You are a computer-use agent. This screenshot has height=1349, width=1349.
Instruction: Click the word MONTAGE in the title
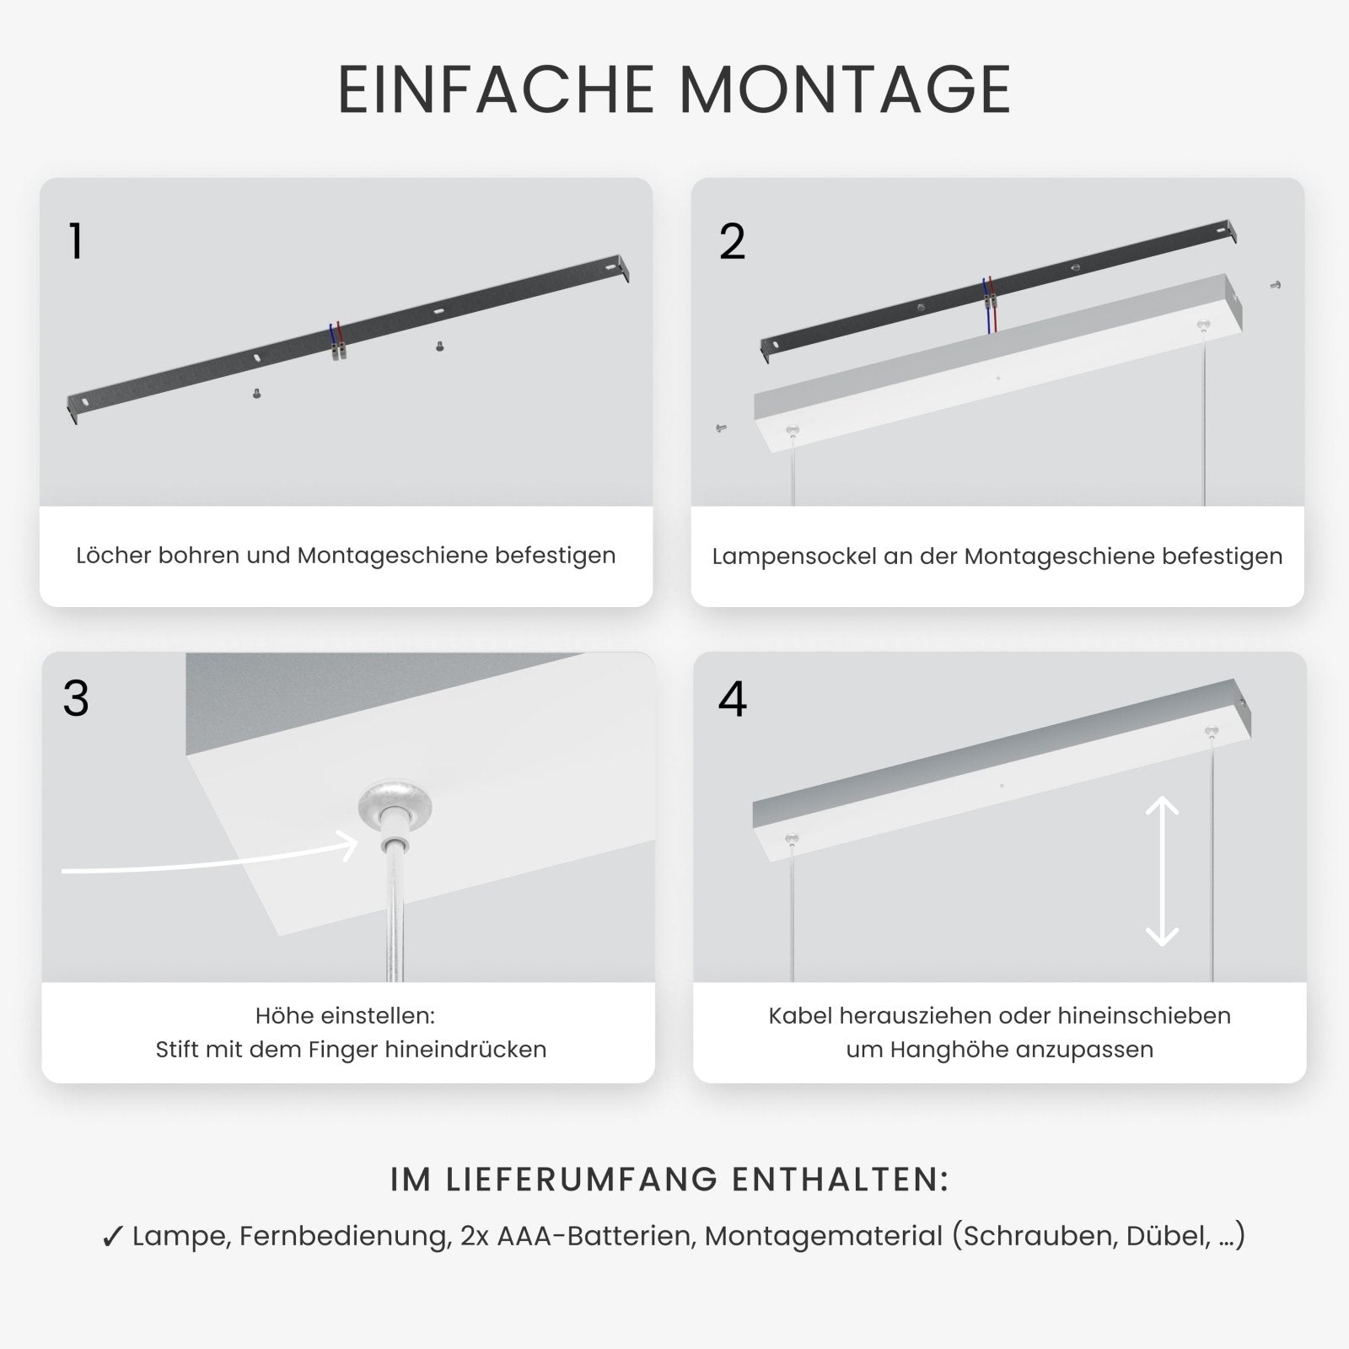845,89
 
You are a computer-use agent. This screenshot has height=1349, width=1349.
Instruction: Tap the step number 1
76,242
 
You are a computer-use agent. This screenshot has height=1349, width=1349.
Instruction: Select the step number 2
732,242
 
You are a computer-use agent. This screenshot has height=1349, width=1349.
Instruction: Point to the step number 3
76,699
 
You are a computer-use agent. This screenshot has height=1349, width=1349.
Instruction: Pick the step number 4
732,699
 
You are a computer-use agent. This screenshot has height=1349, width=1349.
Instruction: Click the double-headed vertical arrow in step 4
1162,872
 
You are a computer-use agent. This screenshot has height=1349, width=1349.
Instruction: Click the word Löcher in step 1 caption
114,556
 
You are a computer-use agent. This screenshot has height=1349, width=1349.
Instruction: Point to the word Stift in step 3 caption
178,1050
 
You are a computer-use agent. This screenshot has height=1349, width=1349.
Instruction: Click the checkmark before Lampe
113,1237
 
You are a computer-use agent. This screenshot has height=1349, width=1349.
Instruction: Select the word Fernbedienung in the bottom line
343,1236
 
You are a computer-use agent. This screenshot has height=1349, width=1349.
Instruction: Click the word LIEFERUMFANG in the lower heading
582,1180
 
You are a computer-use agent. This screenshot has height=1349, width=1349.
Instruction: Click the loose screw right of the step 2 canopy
1276,286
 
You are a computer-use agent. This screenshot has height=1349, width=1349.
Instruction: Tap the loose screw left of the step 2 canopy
722,428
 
